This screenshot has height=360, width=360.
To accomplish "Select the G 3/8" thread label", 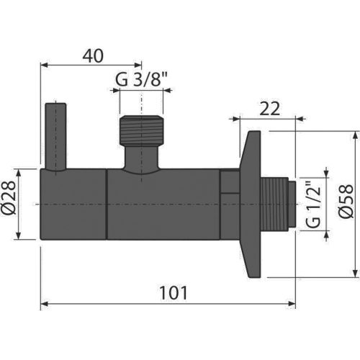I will click(142, 81).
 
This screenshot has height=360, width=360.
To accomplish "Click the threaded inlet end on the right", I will click(279, 204).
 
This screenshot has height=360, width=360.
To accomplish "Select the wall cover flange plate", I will click(252, 204).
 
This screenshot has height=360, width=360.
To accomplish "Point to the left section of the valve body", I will click(72, 204).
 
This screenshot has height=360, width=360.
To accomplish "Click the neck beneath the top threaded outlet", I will click(141, 158).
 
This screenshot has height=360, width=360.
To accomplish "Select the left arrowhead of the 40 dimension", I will click(43, 65).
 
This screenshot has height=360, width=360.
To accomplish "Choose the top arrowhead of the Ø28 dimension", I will click(30, 174).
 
